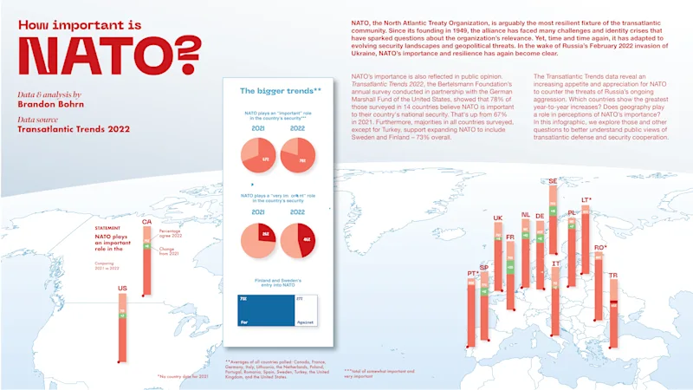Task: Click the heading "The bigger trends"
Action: pos(280,90)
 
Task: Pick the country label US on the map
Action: pos(122,288)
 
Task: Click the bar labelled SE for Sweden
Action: pos(553,217)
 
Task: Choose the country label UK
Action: pos(497,218)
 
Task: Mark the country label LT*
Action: pos(586,200)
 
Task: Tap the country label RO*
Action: pos(599,248)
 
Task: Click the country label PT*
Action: pos(472,274)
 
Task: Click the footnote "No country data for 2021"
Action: pos(185,376)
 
